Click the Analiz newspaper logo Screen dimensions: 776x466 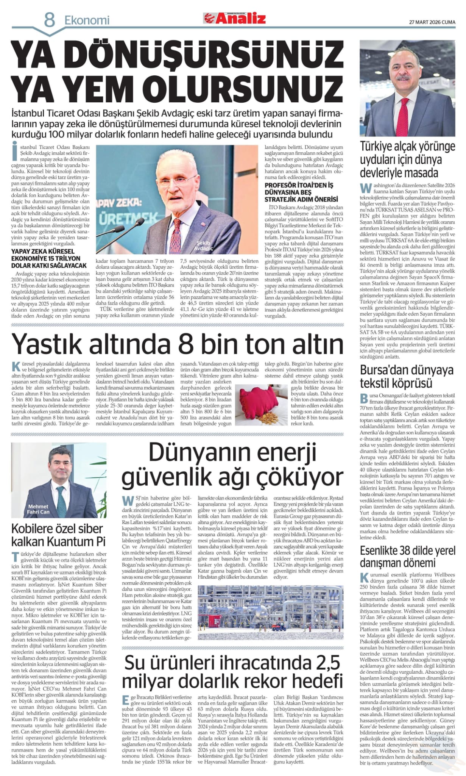pyautogui.click(x=235, y=18)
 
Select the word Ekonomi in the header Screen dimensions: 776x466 pyautogui.click(x=87, y=20)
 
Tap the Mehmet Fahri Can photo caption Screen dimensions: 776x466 pyautogui.click(x=39, y=509)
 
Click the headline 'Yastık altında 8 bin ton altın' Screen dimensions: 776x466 pyautogui.click(x=178, y=343)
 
